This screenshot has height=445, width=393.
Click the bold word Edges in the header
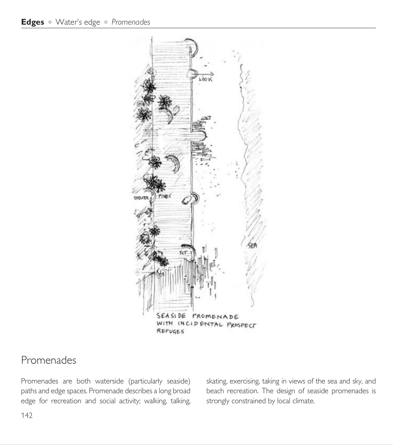pyautogui.click(x=33, y=22)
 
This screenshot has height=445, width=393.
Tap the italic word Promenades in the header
pyautogui.click(x=131, y=22)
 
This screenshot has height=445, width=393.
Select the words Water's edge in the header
pyautogui.click(x=78, y=22)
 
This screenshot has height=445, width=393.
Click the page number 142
pyautogui.click(x=27, y=415)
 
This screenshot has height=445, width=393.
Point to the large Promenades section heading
pyautogui.click(x=49, y=360)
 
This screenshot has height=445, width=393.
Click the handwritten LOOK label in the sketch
pyautogui.click(x=206, y=79)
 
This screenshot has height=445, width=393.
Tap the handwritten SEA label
pyautogui.click(x=252, y=246)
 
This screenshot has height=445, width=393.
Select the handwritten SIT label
pyautogui.click(x=183, y=253)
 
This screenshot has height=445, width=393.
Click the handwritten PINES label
pyautogui.click(x=164, y=196)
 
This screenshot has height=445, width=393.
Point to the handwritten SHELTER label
pyautogui.click(x=141, y=198)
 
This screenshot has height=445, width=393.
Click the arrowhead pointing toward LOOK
pyautogui.click(x=212, y=74)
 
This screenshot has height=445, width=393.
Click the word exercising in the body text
pyautogui.click(x=244, y=381)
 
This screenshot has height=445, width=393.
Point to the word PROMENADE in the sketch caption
pyautogui.click(x=215, y=317)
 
